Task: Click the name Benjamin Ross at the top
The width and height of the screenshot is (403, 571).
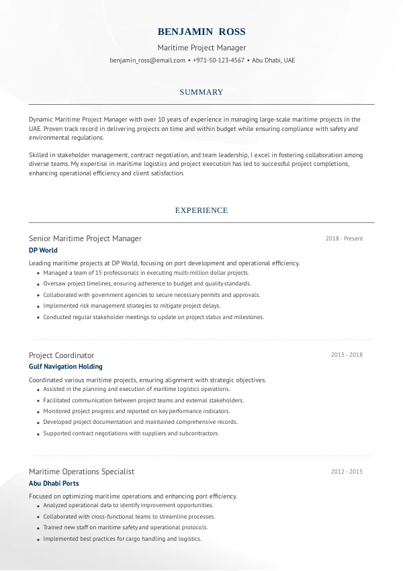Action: (x=201, y=32)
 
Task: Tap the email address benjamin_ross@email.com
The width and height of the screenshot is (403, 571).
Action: (x=147, y=60)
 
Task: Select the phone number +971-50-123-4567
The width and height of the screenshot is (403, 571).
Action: (x=218, y=60)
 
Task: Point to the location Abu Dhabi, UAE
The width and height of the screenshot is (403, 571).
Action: (x=273, y=60)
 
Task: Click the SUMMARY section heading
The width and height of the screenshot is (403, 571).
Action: (x=201, y=92)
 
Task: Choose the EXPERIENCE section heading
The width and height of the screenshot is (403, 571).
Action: (x=201, y=210)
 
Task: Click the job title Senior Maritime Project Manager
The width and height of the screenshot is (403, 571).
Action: (x=85, y=238)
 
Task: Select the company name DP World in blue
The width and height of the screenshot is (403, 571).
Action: (x=43, y=251)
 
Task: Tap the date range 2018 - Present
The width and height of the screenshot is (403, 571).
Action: (x=344, y=238)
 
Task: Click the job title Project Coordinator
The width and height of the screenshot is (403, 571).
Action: (x=61, y=355)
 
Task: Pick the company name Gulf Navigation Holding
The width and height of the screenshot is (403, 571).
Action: (x=66, y=367)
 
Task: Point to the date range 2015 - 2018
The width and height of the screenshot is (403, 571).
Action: (x=347, y=355)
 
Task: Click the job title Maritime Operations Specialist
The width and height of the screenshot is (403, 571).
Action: (x=81, y=472)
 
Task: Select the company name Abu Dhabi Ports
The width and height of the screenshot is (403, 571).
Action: (x=54, y=483)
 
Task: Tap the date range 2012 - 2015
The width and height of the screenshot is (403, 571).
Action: (x=347, y=472)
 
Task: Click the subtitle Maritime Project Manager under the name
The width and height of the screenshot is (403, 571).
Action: (x=201, y=48)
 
